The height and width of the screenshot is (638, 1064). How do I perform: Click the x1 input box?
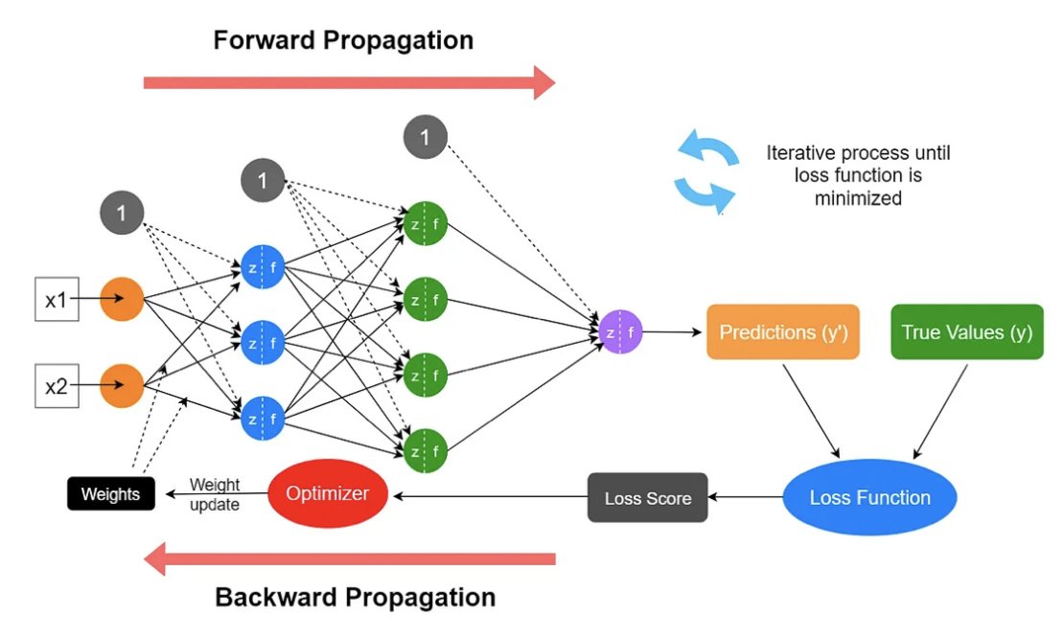(57, 299)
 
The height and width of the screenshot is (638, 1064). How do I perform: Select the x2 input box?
(57, 386)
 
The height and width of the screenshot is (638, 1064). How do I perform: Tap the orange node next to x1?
(122, 299)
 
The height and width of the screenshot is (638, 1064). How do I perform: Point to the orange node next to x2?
(122, 386)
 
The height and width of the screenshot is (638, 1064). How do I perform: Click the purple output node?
(620, 332)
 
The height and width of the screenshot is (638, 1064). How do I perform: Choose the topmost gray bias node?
(426, 137)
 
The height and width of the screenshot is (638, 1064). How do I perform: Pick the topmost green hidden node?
(426, 223)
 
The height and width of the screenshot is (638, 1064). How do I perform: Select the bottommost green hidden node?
(426, 451)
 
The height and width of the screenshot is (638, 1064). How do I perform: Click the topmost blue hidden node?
(263, 266)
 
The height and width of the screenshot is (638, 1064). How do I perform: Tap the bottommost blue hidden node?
(263, 419)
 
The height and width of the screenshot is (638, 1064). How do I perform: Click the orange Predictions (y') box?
(783, 331)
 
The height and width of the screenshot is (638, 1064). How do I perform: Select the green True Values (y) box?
(967, 331)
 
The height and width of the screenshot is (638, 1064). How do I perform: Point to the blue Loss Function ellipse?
(870, 497)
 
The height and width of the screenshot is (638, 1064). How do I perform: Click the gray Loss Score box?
(647, 497)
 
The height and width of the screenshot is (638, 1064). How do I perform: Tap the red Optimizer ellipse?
(328, 493)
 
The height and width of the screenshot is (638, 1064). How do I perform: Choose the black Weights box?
(110, 493)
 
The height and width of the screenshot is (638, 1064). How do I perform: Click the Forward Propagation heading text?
(343, 40)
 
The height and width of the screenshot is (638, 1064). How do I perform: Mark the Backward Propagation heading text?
(355, 598)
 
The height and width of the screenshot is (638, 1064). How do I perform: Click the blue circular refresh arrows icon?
(705, 171)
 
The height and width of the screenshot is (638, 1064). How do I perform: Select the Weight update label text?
(215, 494)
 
